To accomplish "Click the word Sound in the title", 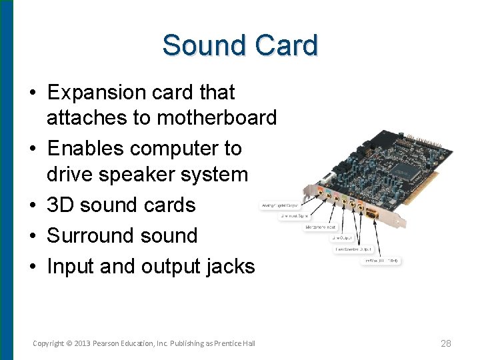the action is tap(203, 46).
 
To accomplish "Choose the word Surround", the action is tap(88, 235).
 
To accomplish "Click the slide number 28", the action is tap(446, 343).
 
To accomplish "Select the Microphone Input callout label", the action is tap(321, 227).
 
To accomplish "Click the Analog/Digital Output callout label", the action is tap(278, 206).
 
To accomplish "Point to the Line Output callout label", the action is tap(345, 237).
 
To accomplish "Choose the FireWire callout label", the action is tap(381, 260).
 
